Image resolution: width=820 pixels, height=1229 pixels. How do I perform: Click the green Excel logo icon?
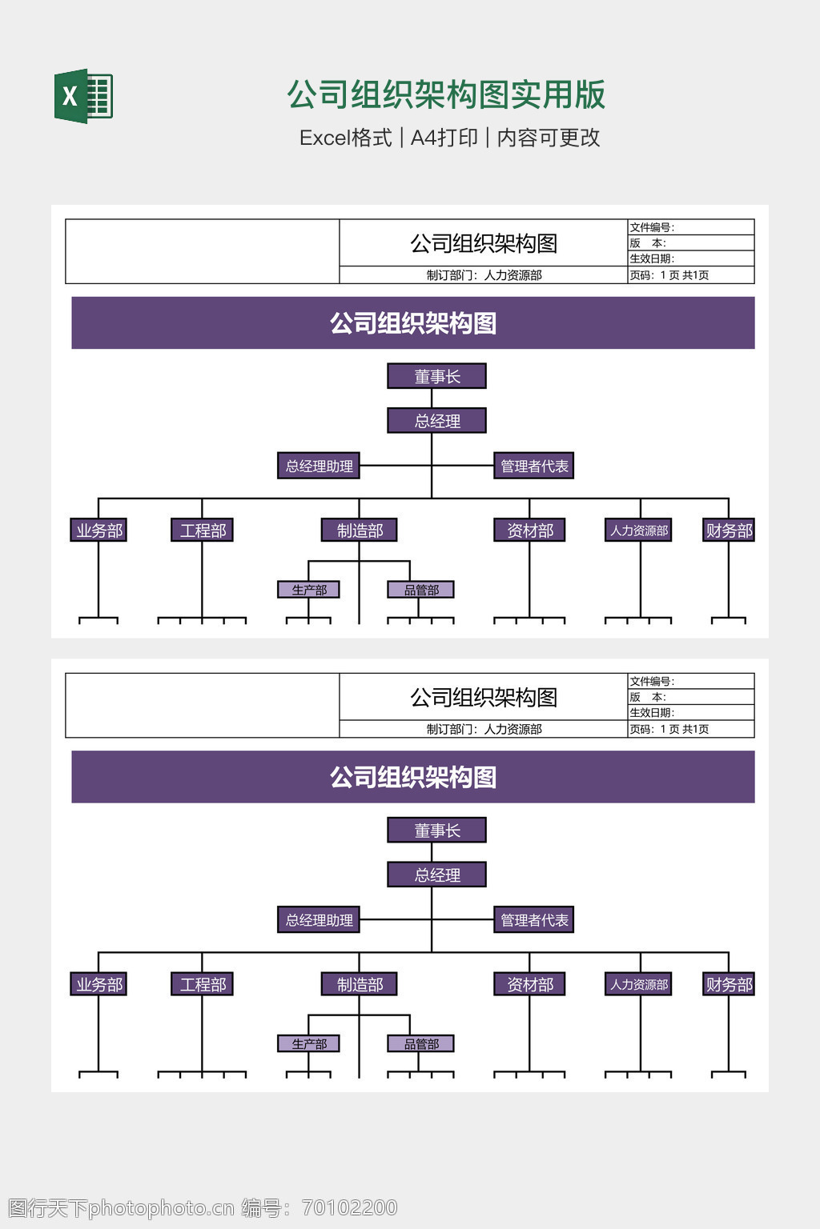coord(83,96)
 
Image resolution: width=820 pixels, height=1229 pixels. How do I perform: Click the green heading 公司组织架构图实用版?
coord(446,94)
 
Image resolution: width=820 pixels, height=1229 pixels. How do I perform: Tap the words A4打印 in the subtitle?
coord(444,138)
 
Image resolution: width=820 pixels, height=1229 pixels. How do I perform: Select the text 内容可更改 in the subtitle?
coord(549,138)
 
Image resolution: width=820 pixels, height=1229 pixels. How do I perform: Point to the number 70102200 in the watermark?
coord(349,1207)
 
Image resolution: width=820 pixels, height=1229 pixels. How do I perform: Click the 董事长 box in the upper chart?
coord(436,376)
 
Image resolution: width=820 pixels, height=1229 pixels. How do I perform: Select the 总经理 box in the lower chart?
coord(436,875)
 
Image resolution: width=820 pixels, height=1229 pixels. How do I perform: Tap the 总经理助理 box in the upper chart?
coord(319,466)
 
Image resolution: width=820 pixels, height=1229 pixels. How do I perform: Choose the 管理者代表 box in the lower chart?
coord(534,920)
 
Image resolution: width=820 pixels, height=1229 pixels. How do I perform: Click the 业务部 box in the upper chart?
coord(99,530)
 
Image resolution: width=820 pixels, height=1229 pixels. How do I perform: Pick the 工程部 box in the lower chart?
coord(203,984)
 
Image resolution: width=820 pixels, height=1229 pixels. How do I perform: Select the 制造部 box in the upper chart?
coord(360,530)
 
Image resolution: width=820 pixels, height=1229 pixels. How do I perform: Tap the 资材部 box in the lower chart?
coord(529,984)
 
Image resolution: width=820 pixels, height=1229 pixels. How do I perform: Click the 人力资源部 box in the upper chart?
coord(639,530)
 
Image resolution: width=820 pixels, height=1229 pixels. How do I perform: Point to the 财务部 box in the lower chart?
coord(729,984)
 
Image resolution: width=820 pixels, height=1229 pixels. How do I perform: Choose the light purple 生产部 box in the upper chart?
coord(309,590)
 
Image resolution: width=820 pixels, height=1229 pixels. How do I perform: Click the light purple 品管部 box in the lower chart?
coord(421,1043)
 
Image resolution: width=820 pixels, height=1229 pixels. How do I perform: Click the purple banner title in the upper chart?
coord(413,323)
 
